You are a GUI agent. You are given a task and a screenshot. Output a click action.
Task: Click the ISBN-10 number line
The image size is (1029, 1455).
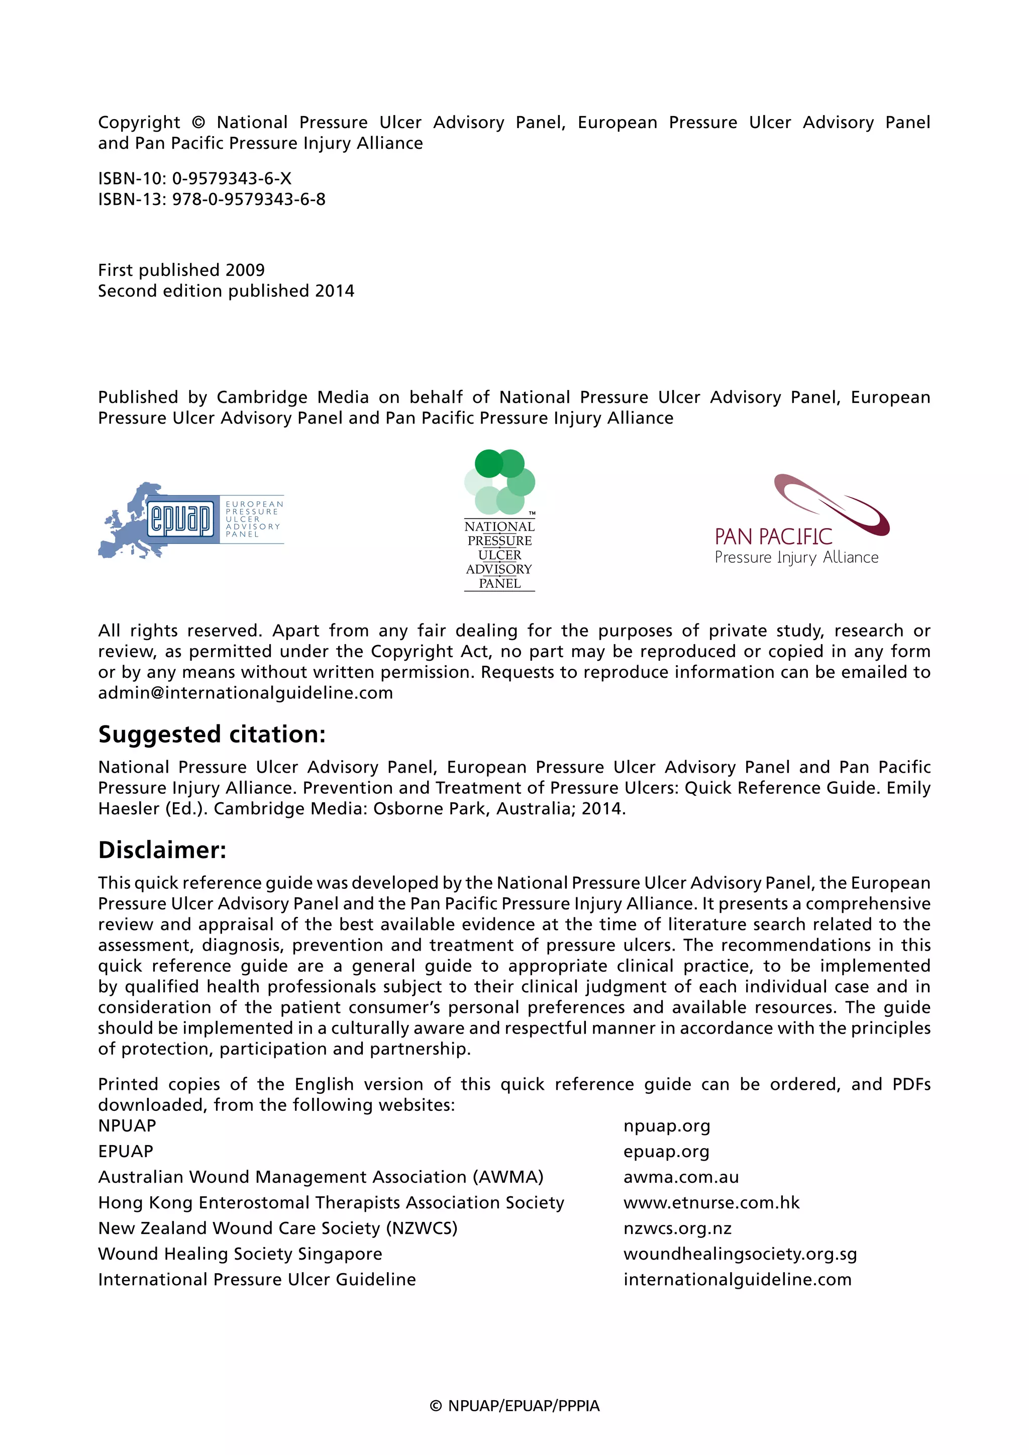point(194,179)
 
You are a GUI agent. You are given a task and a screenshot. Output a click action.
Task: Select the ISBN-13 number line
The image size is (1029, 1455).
point(212,199)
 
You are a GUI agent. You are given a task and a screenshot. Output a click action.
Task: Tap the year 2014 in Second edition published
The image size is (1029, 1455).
point(335,291)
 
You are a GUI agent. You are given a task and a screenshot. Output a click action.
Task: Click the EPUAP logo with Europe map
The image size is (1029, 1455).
point(190,519)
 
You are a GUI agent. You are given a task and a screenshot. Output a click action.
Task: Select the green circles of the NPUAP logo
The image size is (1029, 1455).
point(499,482)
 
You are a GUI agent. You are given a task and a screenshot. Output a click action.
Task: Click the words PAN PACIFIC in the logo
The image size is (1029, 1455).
point(773,537)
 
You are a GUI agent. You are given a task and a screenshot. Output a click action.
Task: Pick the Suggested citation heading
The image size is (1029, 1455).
point(212,734)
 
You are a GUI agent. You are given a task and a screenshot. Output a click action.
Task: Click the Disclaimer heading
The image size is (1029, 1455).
point(162,850)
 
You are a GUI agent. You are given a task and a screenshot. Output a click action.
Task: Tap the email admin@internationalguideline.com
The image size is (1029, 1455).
point(245,693)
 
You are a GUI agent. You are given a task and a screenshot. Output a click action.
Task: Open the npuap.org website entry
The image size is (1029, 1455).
point(667,1126)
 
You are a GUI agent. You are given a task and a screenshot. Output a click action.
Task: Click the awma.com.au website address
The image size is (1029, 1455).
point(681,1178)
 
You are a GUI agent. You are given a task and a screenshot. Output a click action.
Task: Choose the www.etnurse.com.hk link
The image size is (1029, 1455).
point(711,1203)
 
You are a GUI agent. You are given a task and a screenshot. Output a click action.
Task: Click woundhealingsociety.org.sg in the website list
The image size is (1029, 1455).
point(740,1254)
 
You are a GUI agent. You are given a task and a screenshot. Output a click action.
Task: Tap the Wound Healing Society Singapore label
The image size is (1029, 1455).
point(240,1254)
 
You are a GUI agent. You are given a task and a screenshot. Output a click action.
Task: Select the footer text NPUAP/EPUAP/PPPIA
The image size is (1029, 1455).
point(524,1406)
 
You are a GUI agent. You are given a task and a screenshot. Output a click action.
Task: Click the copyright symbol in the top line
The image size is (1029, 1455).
point(198,122)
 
